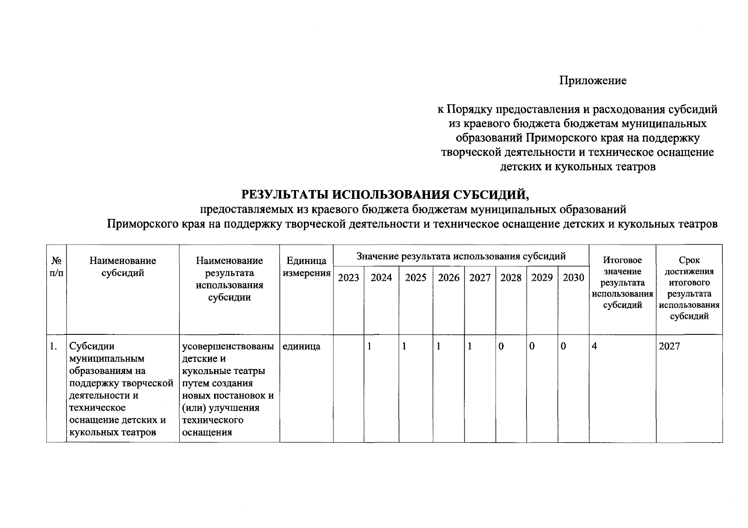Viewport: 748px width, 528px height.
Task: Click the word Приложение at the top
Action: (x=593, y=81)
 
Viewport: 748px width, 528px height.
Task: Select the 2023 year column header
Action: (x=348, y=278)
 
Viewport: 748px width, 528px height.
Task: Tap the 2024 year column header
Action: (x=381, y=278)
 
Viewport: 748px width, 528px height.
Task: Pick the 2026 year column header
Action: (x=448, y=278)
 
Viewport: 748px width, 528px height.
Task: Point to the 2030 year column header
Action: (x=573, y=278)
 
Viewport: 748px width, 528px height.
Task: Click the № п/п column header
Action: (x=56, y=267)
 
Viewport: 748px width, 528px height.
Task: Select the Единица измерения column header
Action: (x=306, y=267)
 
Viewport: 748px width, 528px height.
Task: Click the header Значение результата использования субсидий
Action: (x=461, y=256)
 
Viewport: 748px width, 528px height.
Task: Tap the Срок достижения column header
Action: (x=689, y=288)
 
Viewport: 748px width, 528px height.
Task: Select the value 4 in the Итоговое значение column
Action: (x=595, y=347)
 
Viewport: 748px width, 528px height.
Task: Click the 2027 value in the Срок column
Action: (x=669, y=347)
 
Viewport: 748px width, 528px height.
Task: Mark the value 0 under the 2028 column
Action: (x=501, y=347)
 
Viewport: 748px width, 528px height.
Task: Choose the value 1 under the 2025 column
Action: (x=404, y=347)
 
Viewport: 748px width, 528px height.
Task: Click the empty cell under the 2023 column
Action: (x=348, y=387)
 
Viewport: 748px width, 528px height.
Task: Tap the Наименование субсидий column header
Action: (x=123, y=267)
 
